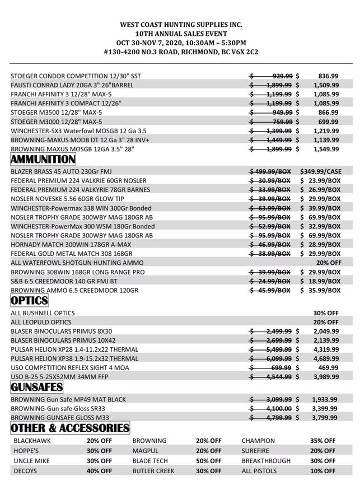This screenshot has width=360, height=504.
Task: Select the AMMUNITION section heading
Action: [x=43, y=160]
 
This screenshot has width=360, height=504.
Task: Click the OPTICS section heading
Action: [x=29, y=301]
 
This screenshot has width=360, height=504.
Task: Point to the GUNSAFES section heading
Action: [x=37, y=387]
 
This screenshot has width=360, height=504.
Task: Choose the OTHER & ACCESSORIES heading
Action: [x=70, y=428]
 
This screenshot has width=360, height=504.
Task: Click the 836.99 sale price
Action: [x=328, y=76]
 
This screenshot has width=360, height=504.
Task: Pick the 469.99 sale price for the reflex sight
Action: [x=328, y=368]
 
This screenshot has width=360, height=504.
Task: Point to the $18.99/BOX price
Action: [x=321, y=281]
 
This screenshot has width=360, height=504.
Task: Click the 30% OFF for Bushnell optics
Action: [x=326, y=313]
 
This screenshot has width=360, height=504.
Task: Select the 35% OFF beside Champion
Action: [x=323, y=441]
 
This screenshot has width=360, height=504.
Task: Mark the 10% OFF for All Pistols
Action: [x=323, y=471]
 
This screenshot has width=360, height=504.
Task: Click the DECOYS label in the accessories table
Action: [x=25, y=471]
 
